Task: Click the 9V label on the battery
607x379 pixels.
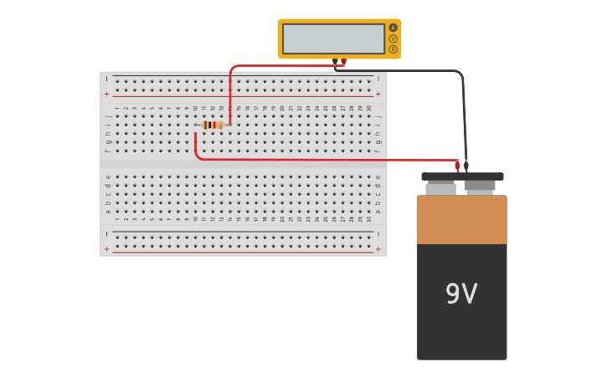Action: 461,294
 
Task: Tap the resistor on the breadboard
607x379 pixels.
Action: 213,125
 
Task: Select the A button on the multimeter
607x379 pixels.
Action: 393,28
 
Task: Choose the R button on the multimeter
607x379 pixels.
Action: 393,49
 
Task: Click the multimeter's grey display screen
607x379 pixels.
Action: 333,38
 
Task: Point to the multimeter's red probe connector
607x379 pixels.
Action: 343,63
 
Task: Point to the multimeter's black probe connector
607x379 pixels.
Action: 335,63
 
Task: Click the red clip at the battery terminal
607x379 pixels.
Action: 457,166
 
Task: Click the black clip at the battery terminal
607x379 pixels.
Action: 466,166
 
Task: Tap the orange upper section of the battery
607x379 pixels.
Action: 461,219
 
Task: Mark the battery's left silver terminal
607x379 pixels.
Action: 440,189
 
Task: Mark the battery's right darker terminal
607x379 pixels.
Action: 480,187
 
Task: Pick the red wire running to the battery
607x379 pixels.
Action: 335,160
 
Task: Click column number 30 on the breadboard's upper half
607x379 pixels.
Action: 368,108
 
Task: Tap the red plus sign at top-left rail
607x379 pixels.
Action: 106,95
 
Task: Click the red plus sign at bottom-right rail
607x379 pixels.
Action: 378,248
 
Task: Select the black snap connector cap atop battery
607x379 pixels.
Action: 462,177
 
